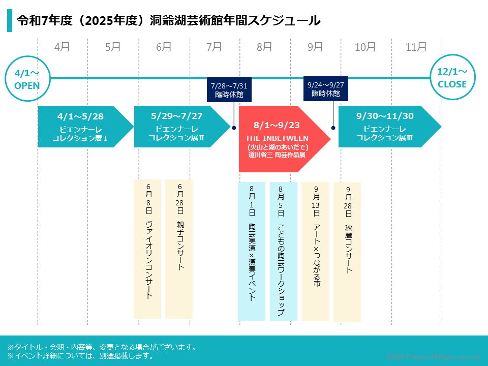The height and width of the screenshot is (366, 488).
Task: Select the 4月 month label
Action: coord(62,47)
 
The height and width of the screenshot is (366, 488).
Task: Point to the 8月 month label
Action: coord(264,47)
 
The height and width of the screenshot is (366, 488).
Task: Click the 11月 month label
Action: coord(416,47)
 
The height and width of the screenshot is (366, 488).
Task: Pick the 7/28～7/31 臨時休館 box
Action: coord(229,89)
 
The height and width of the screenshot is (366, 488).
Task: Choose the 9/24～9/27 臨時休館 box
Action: coord(326,88)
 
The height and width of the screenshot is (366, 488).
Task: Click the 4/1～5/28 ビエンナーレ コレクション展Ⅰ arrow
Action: coord(81,127)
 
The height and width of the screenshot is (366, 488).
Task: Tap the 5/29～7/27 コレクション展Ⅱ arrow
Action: coord(178,127)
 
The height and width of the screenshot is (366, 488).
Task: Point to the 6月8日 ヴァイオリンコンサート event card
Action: coord(147,249)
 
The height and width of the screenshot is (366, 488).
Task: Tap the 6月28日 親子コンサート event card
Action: coord(179,249)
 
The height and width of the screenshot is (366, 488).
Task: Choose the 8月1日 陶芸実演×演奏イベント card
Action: coord(252,252)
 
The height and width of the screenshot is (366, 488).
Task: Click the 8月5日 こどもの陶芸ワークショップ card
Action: coord(283,252)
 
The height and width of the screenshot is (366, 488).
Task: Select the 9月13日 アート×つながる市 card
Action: coord(316,252)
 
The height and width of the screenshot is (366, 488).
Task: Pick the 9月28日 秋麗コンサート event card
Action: coord(347,252)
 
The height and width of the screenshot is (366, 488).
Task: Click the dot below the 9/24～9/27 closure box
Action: coord(333,128)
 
